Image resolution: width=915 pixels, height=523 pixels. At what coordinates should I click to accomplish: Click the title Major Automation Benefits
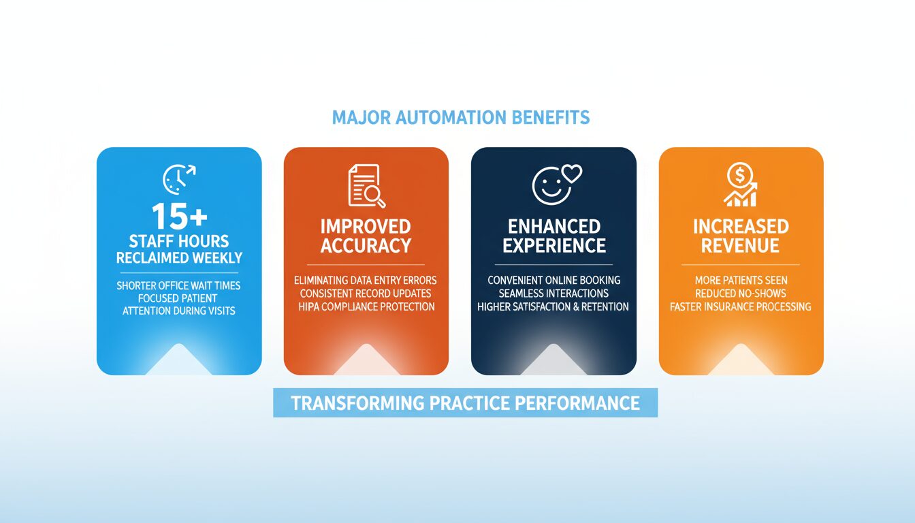(460, 118)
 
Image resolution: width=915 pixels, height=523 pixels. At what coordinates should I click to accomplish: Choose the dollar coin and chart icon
(740, 186)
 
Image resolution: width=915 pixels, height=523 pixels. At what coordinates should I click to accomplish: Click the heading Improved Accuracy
(366, 236)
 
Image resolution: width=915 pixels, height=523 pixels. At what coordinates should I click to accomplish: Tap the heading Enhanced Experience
(553, 236)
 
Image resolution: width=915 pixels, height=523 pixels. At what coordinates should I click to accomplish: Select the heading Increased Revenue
(741, 236)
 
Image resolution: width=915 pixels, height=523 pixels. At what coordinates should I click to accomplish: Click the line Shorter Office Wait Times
(178, 285)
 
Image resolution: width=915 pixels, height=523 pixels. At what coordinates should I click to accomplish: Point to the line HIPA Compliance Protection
(366, 306)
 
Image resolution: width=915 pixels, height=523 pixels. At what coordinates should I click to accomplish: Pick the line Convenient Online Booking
(553, 280)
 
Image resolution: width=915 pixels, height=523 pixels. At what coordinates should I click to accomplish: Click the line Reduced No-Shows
(741, 294)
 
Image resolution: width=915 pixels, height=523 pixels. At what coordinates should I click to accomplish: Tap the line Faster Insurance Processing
(741, 306)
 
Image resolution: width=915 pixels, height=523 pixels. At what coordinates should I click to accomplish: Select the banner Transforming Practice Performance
(465, 402)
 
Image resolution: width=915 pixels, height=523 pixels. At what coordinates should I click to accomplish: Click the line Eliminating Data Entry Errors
(366, 280)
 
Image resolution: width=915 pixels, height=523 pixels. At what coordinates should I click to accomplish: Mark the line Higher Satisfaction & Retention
(553, 306)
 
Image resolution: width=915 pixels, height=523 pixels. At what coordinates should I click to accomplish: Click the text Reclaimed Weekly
(178, 258)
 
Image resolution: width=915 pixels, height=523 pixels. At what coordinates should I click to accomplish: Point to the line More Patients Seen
(741, 280)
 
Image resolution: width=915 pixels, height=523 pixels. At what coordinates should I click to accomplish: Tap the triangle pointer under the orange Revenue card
(741, 360)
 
